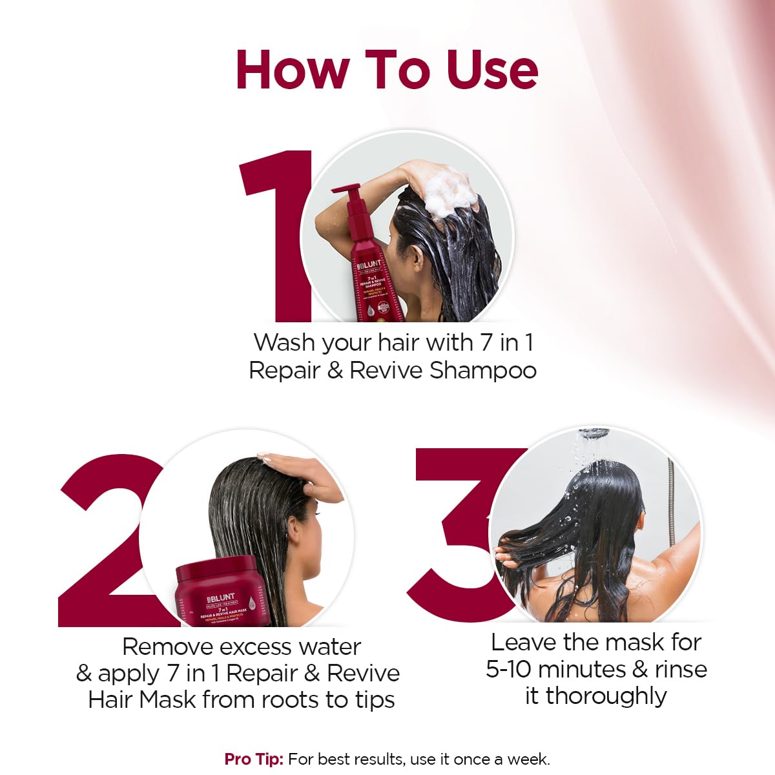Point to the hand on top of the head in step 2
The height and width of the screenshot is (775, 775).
304,475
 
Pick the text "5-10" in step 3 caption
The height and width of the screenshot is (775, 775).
508,669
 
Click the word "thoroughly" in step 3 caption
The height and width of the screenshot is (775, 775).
606,696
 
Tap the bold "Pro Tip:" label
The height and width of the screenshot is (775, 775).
254,759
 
